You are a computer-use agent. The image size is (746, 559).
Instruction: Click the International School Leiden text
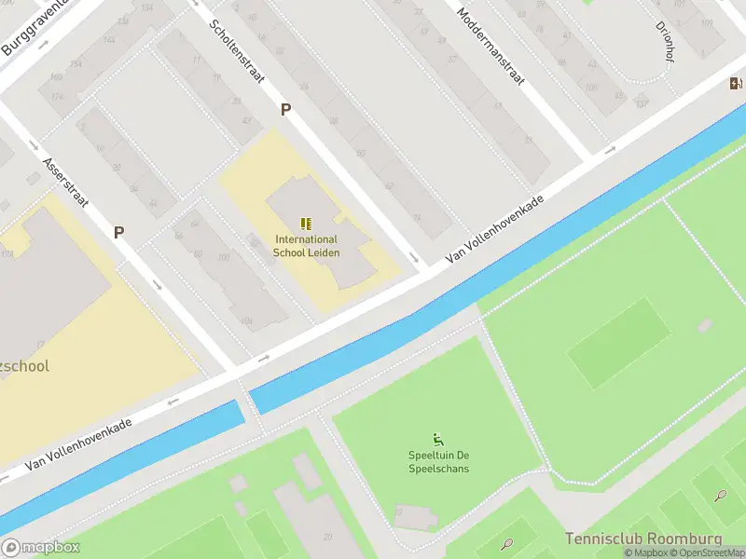coord(306,246)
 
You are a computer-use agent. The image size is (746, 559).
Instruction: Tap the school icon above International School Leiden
coord(306,224)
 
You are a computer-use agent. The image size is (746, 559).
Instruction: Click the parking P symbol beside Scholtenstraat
coord(286,109)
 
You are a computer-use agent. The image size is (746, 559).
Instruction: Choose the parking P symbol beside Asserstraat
coord(119,232)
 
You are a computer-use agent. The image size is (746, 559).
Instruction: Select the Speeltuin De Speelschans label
coord(438,461)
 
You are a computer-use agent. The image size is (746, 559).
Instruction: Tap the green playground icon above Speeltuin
coord(438,439)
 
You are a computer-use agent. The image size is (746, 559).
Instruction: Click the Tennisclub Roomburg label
coord(642,539)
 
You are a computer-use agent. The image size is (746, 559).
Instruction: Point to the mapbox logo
coord(41,548)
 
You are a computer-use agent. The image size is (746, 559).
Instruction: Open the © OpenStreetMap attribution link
coord(711,552)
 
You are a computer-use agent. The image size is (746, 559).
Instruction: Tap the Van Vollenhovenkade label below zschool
coord(78,443)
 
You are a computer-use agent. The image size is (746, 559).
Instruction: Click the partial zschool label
coord(24,366)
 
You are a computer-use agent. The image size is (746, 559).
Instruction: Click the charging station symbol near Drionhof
coord(736,84)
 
